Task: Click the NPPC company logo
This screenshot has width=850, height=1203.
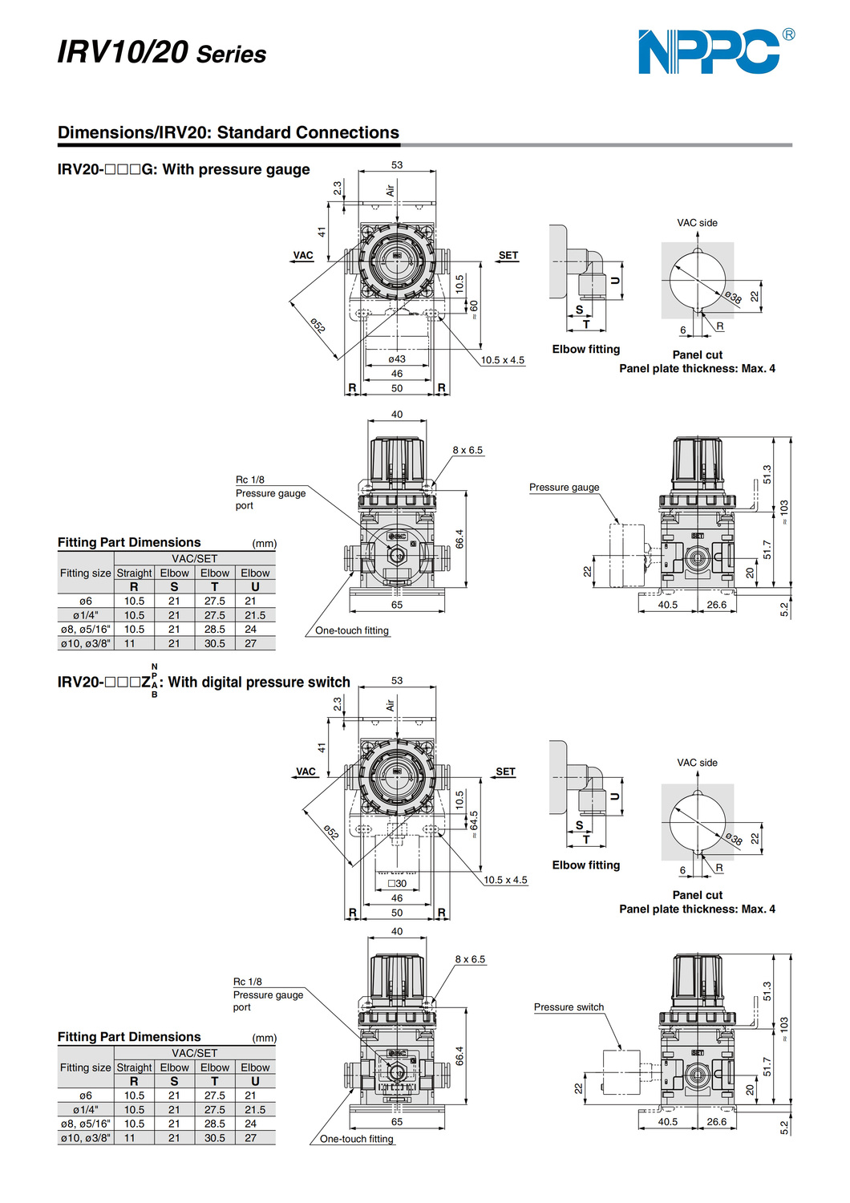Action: point(709,52)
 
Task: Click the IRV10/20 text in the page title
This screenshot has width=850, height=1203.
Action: point(123,52)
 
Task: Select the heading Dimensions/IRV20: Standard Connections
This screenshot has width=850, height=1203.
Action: point(229,132)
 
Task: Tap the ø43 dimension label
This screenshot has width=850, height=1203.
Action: point(397,359)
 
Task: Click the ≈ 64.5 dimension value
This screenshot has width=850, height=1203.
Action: point(474,824)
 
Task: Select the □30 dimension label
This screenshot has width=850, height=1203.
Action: point(397,884)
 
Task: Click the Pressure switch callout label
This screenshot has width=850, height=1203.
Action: point(569,1007)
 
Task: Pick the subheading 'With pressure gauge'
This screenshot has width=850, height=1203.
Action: point(236,169)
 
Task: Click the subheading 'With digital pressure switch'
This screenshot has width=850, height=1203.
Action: point(259,683)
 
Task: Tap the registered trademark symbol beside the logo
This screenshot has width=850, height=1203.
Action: point(788,34)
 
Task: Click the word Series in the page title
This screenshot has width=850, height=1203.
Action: point(231,55)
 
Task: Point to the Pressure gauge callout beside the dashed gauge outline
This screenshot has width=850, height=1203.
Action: point(564,488)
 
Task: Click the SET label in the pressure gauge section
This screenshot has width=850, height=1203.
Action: point(508,256)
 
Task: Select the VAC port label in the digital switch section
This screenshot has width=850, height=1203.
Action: point(306,772)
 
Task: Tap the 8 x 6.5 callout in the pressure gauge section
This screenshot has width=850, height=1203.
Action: point(467,451)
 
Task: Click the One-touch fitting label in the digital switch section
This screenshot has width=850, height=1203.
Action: point(356,1139)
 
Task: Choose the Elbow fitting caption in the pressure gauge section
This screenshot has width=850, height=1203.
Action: point(585,350)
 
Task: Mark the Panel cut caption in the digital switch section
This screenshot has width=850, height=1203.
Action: point(697,895)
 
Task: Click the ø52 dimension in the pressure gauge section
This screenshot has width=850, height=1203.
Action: point(318,326)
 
